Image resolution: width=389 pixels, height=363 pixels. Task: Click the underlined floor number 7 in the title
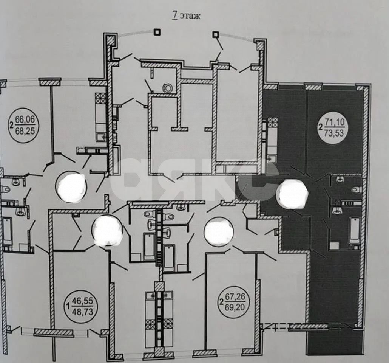pyautogui.click(x=175, y=16)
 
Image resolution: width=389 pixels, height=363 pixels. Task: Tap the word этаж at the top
pyautogui.click(x=190, y=16)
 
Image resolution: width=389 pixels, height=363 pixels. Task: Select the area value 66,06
pyautogui.click(x=25, y=120)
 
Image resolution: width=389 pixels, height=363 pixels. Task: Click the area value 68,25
pyautogui.click(x=25, y=131)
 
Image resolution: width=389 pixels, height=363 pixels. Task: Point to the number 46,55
pyautogui.click(x=82, y=301)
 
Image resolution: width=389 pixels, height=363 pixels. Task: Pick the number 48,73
pyautogui.click(x=82, y=312)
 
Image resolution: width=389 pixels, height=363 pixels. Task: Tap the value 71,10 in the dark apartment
pyautogui.click(x=334, y=123)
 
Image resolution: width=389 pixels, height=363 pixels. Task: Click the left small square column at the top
pyautogui.click(x=157, y=32)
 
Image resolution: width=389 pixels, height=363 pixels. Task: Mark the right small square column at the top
pyautogui.click(x=216, y=34)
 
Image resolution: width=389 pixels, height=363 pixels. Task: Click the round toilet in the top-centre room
pyautogui.click(x=168, y=88)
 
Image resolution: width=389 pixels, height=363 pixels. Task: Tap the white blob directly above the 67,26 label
pyautogui.click(x=219, y=232)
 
